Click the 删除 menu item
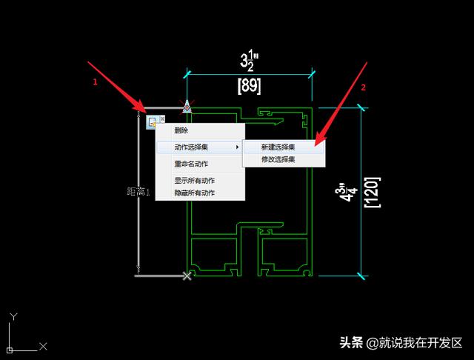[x=181, y=131]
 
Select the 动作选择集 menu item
[x=191, y=147]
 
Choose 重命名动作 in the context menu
[x=191, y=164]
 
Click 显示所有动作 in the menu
[x=194, y=180]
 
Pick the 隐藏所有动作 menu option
[x=194, y=193]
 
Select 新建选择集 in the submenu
[x=278, y=147]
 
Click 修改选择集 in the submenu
[x=278, y=159]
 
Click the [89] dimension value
[x=249, y=86]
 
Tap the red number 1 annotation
[x=95, y=83]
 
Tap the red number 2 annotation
[x=363, y=87]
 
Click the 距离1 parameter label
[x=138, y=192]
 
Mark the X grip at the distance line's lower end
[x=187, y=276]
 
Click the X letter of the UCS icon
[x=43, y=346]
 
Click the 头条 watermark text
[x=351, y=343]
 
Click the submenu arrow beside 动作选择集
[x=237, y=147]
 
